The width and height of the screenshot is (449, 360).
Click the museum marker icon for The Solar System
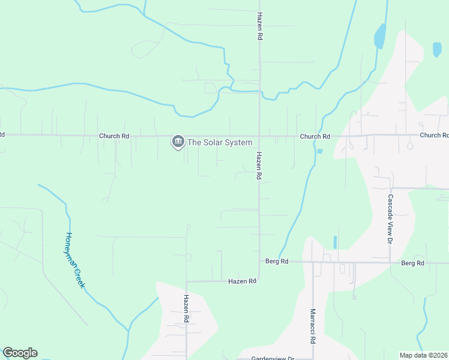(178, 142)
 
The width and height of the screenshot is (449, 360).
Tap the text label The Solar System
(220, 142)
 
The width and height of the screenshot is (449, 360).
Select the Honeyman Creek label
(74, 260)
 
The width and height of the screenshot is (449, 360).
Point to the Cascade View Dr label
(390, 218)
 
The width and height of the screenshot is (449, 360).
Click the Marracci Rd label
(313, 326)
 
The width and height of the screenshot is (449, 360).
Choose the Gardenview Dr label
(273, 358)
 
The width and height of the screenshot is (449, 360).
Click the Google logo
(20, 353)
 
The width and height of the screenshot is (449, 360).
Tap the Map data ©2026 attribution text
(424, 355)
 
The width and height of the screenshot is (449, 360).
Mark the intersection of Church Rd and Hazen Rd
(259, 136)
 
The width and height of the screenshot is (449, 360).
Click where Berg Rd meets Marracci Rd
(313, 262)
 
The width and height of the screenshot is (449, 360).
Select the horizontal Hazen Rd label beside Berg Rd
(243, 281)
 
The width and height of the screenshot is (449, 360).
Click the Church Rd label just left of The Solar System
(114, 136)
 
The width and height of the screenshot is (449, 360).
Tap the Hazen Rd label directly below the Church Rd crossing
(259, 166)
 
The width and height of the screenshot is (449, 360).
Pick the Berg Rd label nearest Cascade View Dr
(412, 263)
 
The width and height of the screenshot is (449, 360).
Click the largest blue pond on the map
(379, 36)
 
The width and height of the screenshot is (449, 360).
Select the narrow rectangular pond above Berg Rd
(334, 242)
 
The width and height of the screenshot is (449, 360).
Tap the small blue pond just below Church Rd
(319, 151)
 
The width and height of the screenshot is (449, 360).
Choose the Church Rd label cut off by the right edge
(434, 136)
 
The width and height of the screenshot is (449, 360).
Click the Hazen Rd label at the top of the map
(259, 26)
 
